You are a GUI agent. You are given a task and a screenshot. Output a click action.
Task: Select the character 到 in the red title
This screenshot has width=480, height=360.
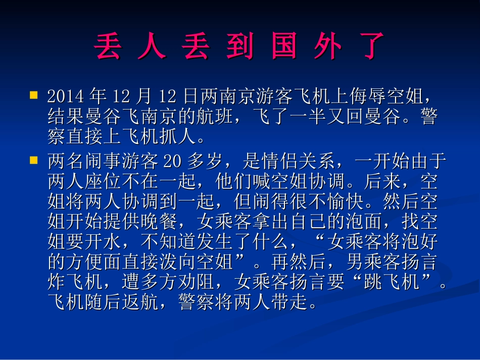(x=239, y=46)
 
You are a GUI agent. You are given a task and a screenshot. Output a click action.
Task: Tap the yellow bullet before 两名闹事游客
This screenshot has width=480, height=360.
(x=34, y=160)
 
